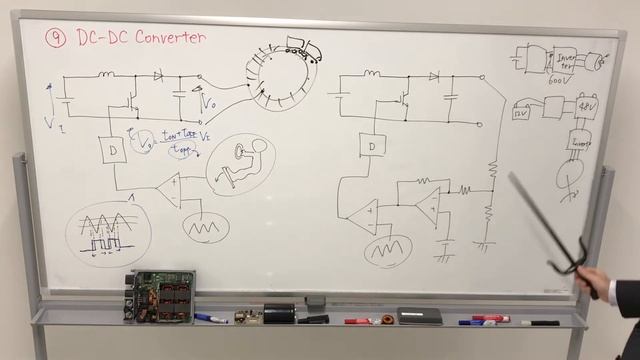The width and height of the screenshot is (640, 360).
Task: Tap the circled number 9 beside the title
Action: coord(57,38)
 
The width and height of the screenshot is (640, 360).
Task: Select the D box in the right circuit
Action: coord(371,146)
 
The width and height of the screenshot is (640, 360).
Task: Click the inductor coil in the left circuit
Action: coord(106,73)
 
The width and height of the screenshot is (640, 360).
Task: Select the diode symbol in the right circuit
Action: coord(433,75)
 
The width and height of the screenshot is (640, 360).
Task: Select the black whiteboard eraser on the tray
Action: coord(420,316)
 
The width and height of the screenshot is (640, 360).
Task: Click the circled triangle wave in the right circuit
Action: coord(386,250)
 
